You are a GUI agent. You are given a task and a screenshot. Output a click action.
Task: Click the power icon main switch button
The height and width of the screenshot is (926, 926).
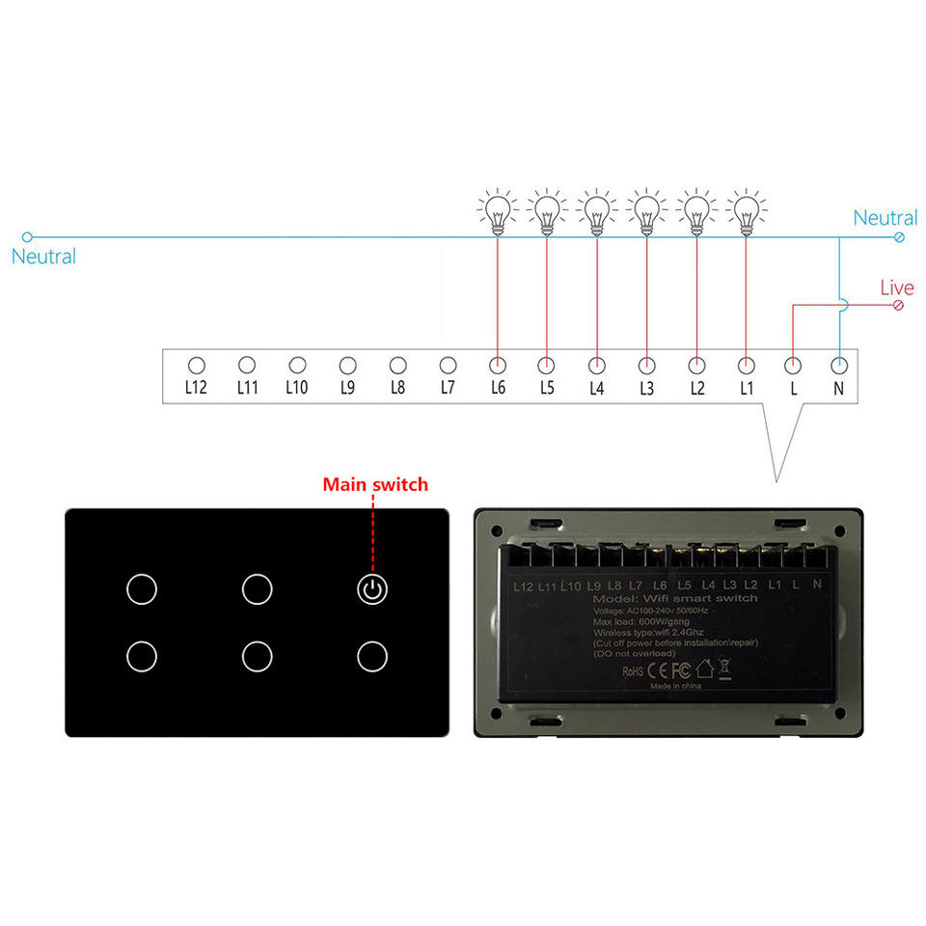pos(372,588)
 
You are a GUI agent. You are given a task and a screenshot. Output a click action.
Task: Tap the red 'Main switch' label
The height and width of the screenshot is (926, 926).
pos(375,484)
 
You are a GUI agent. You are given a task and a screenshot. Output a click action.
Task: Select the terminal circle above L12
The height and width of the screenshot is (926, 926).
pos(196,366)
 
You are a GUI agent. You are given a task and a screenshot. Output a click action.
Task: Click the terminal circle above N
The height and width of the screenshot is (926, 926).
pos(839,366)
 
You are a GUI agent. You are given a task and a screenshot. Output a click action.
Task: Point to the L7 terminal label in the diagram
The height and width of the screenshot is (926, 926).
pos(448,387)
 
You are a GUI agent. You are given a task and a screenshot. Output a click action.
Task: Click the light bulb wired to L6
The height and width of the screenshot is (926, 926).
pos(497,210)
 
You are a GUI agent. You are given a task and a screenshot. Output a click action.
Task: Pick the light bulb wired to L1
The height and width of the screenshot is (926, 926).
pos(744,210)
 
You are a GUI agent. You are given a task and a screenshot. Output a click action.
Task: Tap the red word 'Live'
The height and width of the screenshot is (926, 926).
pos(896,288)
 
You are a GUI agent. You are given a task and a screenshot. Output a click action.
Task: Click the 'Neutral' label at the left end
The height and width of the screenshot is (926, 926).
pos(43,257)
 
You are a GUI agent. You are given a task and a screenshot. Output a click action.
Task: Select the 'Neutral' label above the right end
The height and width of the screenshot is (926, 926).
pos(885,219)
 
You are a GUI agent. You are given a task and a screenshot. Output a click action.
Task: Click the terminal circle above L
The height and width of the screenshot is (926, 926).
pos(793,366)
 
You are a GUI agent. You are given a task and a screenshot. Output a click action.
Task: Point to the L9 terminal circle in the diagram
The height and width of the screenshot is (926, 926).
pos(347,366)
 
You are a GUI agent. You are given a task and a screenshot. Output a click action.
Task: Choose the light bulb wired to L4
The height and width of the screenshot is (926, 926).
pos(596,210)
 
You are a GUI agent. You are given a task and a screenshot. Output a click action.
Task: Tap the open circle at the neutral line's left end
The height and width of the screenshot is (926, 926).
pos(27,236)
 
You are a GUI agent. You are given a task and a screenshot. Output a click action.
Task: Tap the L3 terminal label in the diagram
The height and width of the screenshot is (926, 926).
pos(646,387)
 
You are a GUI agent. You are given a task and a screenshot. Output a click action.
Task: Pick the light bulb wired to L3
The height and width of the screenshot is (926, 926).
pos(645,210)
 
